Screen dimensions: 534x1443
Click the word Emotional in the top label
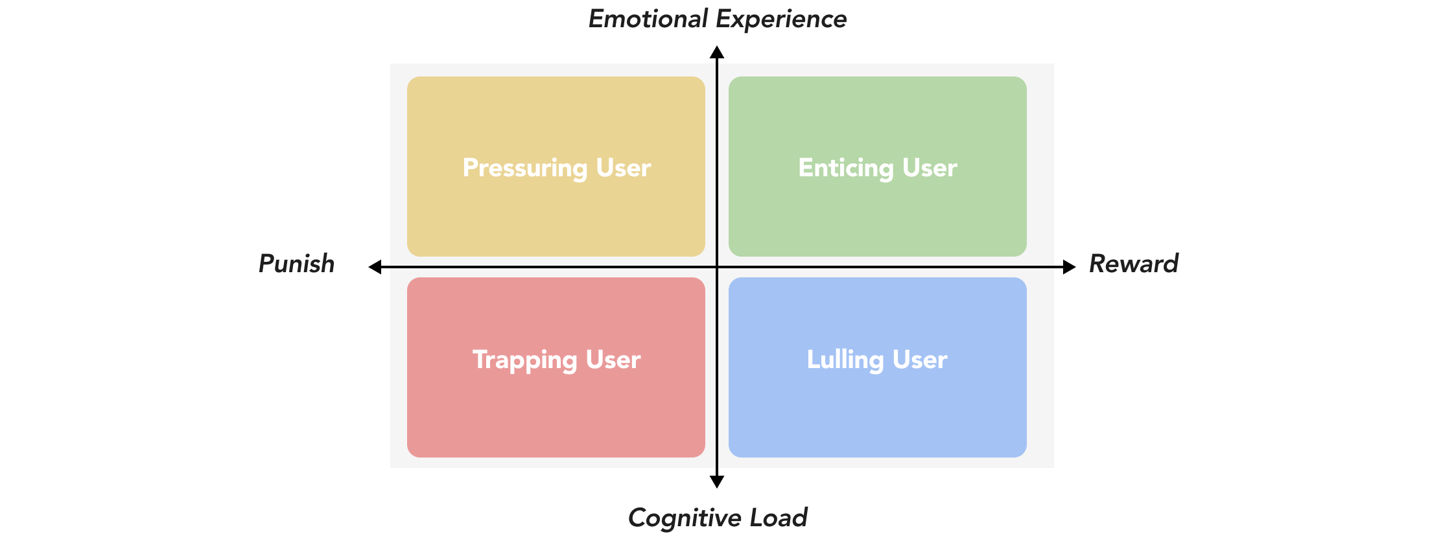(648, 19)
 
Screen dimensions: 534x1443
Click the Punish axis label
(296, 264)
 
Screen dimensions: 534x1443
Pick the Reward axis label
(1133, 264)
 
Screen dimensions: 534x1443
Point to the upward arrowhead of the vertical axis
(717, 52)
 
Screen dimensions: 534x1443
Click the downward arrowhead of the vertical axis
(717, 482)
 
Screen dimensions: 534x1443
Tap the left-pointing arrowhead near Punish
(375, 267)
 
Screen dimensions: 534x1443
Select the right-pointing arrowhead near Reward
(1070, 267)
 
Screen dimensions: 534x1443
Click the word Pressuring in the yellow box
(525, 168)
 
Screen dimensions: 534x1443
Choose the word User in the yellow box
(624, 168)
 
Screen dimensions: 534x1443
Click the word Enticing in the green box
(846, 168)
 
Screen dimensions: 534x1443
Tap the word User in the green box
(930, 168)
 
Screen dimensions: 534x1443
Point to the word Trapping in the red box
(524, 360)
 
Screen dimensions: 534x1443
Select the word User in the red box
(613, 360)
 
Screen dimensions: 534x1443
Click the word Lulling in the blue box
(845, 360)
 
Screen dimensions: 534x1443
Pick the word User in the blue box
(920, 360)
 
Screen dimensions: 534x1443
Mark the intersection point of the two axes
(717, 267)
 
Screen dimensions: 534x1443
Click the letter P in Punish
(266, 264)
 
